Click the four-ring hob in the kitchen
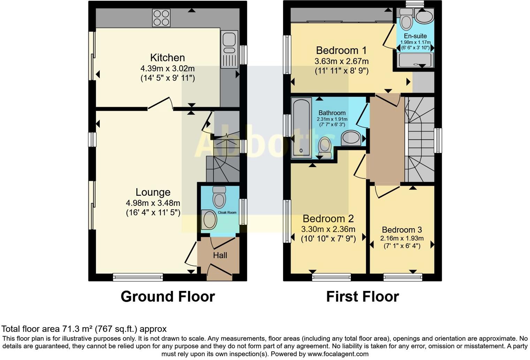tap(161, 18)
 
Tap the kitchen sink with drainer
tap(229, 49)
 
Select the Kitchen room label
tap(167, 58)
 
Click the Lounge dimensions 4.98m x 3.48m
tap(153, 203)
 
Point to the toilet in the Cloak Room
tap(219, 197)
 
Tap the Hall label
tap(220, 255)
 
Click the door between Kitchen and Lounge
tap(160, 103)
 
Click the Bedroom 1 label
tap(341, 51)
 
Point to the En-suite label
tap(415, 36)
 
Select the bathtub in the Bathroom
tap(302, 128)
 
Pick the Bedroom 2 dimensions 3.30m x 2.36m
tap(328, 229)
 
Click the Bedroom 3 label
tap(402, 230)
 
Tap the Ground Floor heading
tap(168, 297)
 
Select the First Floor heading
tap(362, 297)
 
